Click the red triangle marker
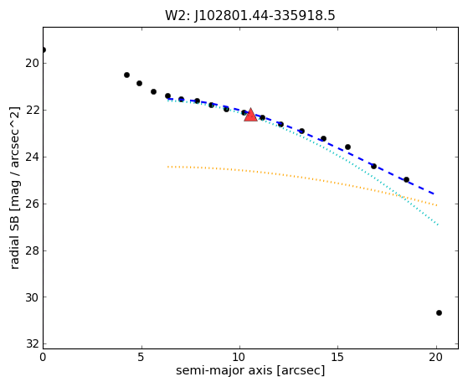250,116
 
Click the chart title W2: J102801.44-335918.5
250,16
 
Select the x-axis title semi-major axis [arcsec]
250,370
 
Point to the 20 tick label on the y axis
33,64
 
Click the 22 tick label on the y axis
33,111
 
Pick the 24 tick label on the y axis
33,157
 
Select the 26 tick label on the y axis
33,204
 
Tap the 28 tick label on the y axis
33,250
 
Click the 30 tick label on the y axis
33,297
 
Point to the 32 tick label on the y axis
33,344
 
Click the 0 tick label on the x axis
43,357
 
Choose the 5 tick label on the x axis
141,357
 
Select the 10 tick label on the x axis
239,357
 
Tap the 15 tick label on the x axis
338,357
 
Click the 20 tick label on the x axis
436,357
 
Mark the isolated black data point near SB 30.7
439,313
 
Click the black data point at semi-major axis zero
44,50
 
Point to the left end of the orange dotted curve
168,167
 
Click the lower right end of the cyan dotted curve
438,224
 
